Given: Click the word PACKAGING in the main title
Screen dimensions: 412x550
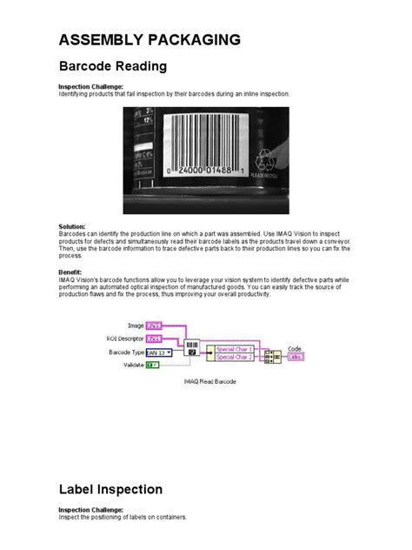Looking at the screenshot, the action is [192, 40].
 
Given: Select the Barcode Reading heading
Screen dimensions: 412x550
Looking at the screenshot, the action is [112, 66].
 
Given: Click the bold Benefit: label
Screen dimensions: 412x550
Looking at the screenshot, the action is [70, 271].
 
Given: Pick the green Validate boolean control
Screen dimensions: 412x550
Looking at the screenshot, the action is [152, 366].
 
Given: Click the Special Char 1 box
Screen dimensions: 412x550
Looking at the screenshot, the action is [233, 349].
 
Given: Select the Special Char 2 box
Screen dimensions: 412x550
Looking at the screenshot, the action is [233, 358].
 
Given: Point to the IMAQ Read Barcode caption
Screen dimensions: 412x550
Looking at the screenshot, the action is [209, 381].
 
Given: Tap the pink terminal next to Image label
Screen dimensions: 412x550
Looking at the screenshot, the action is [154, 325].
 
